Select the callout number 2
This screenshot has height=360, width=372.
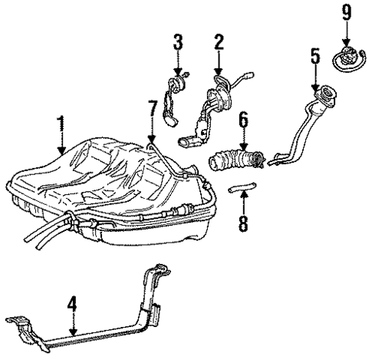(219, 41)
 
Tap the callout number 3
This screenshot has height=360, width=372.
(178, 41)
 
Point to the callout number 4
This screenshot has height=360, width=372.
(72, 306)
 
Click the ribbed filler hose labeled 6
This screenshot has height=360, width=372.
(234, 162)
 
